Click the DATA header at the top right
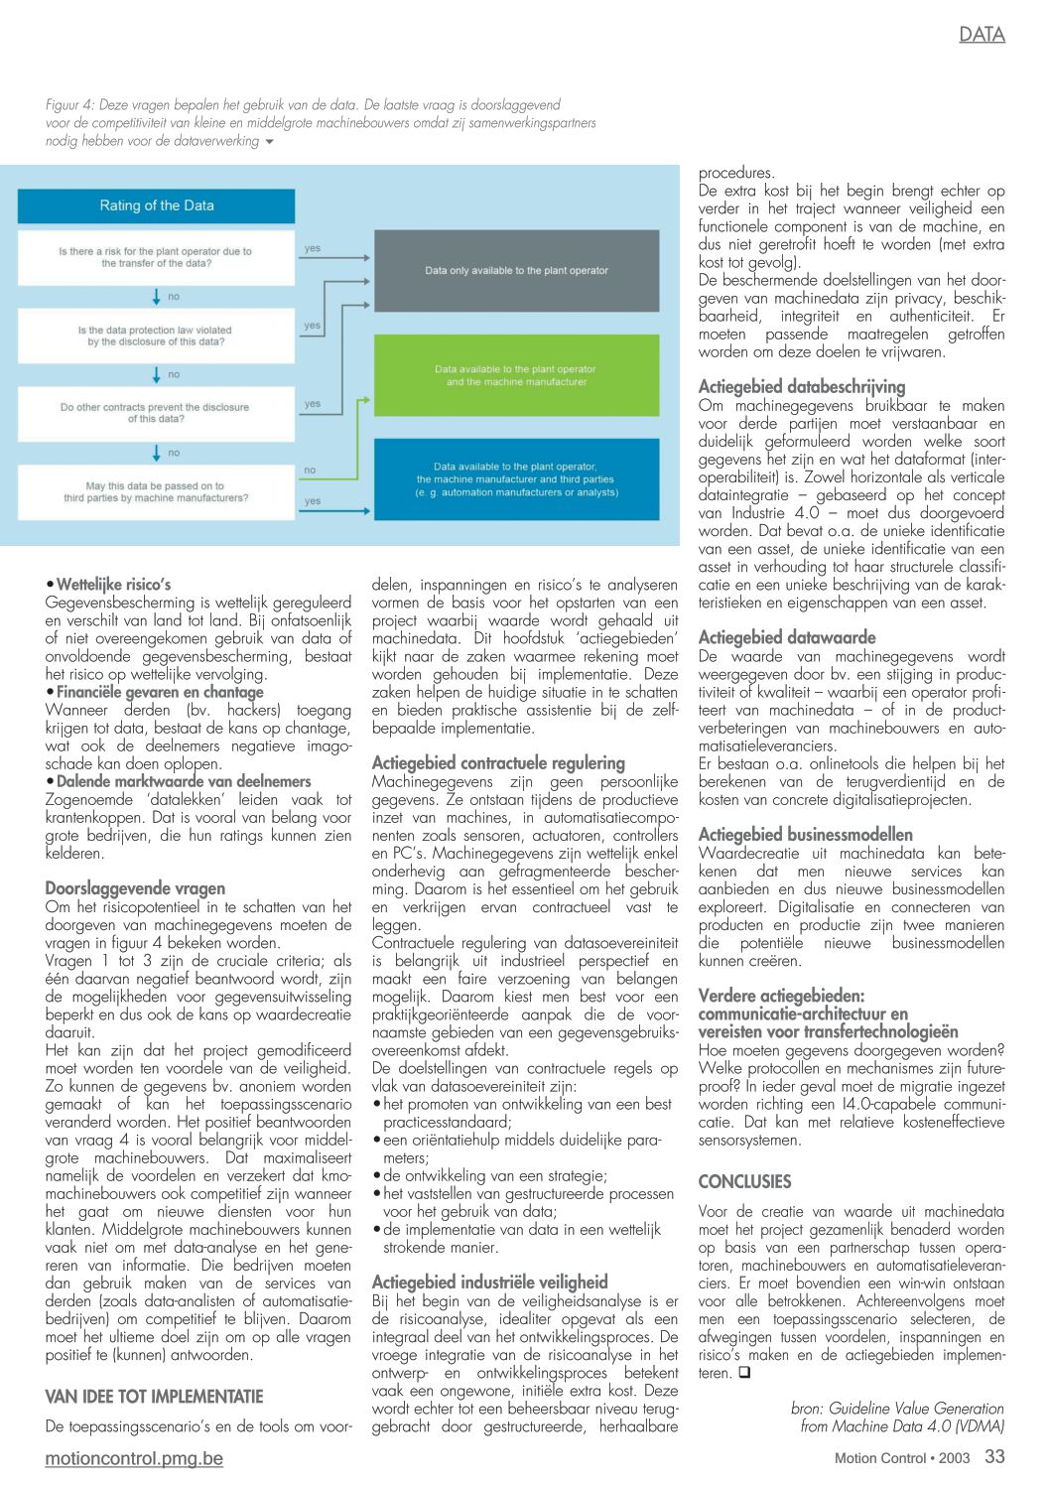point(982,35)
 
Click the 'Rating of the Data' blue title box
point(156,205)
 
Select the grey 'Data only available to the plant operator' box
point(516,270)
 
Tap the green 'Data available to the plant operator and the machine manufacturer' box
point(516,375)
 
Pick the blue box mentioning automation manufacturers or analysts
point(516,479)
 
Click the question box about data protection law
point(156,336)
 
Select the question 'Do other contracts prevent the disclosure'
point(156,413)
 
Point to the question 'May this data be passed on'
point(156,492)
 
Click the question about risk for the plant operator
point(156,257)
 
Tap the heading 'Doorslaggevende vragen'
point(135,888)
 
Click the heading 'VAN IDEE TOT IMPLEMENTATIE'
point(154,1397)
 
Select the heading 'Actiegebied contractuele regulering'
point(498,763)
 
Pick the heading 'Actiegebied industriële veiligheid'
point(489,1282)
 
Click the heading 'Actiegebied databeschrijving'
point(802,387)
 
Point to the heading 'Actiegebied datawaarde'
point(787,637)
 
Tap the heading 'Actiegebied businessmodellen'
point(805,835)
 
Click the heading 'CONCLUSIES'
point(744,1182)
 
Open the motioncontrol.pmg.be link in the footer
point(134,1458)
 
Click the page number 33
point(994,1456)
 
